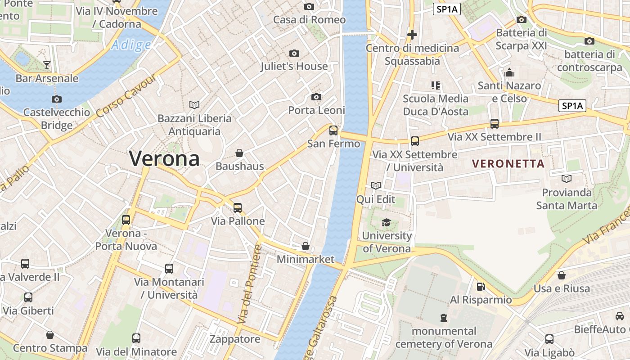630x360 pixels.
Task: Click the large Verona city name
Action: tap(164, 158)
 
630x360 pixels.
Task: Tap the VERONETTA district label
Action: tap(508, 164)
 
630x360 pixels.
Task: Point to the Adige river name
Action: tap(131, 45)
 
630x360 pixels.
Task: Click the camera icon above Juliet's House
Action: tap(294, 54)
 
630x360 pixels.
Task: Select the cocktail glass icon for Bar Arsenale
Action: tap(47, 65)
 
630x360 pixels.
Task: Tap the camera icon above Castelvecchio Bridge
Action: tap(57, 99)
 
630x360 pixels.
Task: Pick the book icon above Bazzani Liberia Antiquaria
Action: tap(194, 105)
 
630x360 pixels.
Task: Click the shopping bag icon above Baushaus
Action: tap(239, 153)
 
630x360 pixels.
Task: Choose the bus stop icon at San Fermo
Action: tap(333, 130)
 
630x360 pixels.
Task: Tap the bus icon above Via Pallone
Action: tap(238, 208)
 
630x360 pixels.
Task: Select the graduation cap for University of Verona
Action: tap(386, 222)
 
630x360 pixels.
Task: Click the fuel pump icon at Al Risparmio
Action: tap(481, 287)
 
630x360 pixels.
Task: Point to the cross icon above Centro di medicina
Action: tap(412, 34)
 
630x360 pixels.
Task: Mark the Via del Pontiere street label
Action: tap(249, 284)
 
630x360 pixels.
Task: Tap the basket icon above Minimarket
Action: tap(306, 246)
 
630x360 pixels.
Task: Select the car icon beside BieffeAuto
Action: tap(620, 316)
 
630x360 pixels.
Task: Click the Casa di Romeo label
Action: tap(309, 20)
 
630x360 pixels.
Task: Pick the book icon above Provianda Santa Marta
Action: tap(567, 179)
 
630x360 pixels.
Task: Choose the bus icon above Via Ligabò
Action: tap(549, 339)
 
